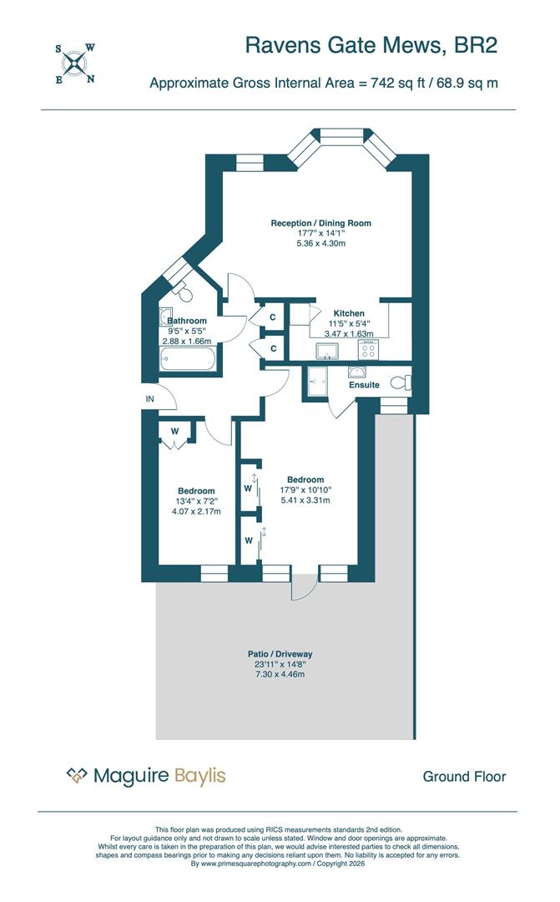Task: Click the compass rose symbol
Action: [x=74, y=63]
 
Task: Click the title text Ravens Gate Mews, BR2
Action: [x=371, y=45]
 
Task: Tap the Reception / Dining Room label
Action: [x=320, y=223]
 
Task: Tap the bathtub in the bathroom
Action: [x=188, y=361]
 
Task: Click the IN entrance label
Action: [x=150, y=399]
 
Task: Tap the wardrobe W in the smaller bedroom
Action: [x=175, y=432]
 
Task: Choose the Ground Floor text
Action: [x=464, y=777]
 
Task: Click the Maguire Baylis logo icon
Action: [x=77, y=777]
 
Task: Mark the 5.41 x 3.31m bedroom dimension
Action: [x=305, y=500]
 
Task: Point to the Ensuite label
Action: [x=365, y=385]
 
